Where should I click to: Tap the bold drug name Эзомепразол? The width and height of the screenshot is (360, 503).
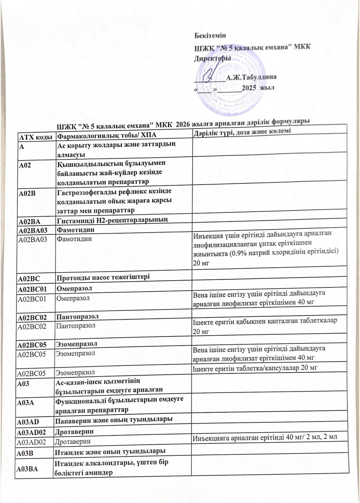tap(76, 344)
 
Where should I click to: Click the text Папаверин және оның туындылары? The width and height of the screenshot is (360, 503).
tap(113, 419)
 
